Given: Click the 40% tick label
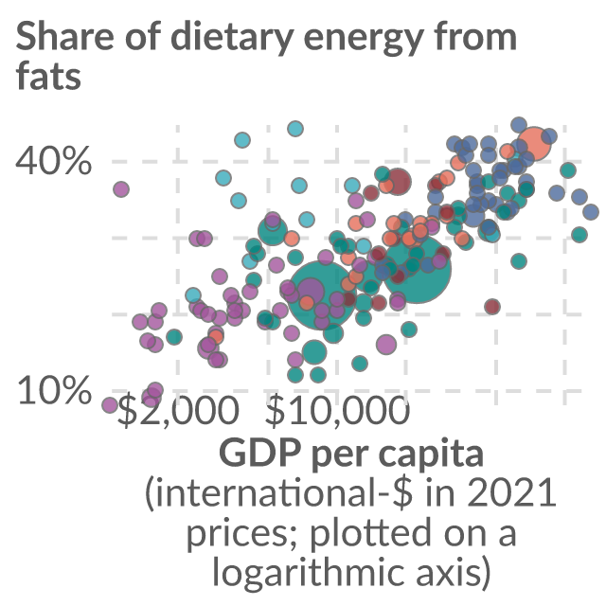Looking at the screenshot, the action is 53,160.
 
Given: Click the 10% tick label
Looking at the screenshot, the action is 54,390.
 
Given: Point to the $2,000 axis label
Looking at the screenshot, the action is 178,411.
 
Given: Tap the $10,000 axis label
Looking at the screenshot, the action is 337,411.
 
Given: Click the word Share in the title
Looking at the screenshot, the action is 65,36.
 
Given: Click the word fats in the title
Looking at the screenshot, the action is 48,75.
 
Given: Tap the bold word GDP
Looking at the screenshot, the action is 259,453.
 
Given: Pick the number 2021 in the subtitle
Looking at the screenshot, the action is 511,493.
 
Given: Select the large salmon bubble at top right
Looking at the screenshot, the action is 534,143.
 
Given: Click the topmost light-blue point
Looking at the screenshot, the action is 295,129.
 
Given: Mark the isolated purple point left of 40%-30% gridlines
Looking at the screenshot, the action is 121,189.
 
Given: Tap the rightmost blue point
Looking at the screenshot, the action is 591,212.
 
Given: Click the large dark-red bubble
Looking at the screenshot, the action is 399,181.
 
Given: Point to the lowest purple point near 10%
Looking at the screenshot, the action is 110,405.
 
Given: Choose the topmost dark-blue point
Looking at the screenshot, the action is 519,125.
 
